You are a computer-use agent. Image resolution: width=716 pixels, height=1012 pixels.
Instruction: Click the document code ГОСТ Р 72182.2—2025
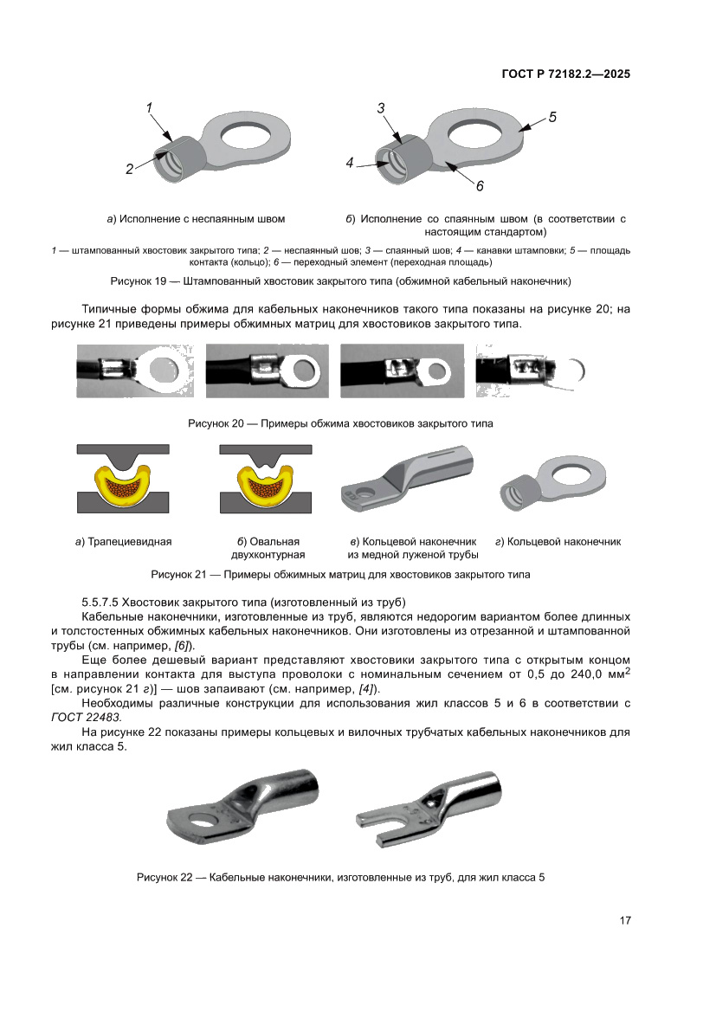pyautogui.click(x=565, y=74)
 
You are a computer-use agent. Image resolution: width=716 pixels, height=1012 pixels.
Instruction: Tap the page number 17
pyautogui.click(x=624, y=920)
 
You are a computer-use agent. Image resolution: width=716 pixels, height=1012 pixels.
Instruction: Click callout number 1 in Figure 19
pyautogui.click(x=149, y=107)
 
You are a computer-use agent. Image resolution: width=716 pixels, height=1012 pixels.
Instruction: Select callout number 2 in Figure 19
pyautogui.click(x=129, y=170)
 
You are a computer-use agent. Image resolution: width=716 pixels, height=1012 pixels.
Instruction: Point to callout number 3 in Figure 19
pyautogui.click(x=381, y=107)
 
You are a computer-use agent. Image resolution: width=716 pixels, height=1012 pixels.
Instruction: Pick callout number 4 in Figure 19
pyautogui.click(x=350, y=162)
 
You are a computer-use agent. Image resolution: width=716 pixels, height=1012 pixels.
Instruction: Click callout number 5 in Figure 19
pyautogui.click(x=552, y=117)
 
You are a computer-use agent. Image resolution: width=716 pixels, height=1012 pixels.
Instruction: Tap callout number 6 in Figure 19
pyautogui.click(x=479, y=185)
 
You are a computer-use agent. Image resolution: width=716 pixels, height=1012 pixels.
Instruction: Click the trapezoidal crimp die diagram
pyautogui.click(x=124, y=480)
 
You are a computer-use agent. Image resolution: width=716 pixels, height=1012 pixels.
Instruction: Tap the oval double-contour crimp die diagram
pyautogui.click(x=265, y=480)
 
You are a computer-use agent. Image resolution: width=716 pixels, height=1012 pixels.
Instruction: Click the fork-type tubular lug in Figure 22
pyautogui.click(x=431, y=804)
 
